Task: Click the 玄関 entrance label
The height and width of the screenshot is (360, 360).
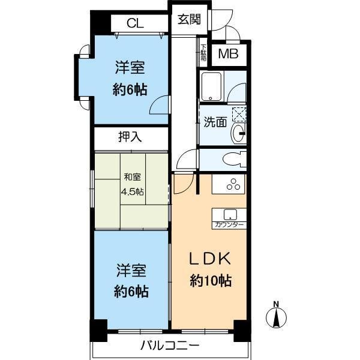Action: click(188, 19)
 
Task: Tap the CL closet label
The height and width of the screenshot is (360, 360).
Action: click(135, 24)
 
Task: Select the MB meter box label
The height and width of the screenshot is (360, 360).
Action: click(227, 55)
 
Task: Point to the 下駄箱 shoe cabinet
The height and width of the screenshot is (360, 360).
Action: click(203, 53)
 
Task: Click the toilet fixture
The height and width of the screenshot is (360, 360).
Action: click(233, 159)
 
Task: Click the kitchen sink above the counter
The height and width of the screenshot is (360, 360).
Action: click(229, 214)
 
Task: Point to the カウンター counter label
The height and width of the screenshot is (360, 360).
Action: click(229, 225)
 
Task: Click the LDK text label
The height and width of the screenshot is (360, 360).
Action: click(208, 260)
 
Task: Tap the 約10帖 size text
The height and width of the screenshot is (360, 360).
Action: click(208, 280)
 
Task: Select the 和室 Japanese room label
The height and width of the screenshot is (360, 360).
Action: click(133, 177)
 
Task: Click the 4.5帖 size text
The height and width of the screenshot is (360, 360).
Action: click(133, 191)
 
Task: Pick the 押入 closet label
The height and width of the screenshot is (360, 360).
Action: click(130, 137)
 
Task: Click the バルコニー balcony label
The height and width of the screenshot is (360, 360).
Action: click(170, 346)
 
